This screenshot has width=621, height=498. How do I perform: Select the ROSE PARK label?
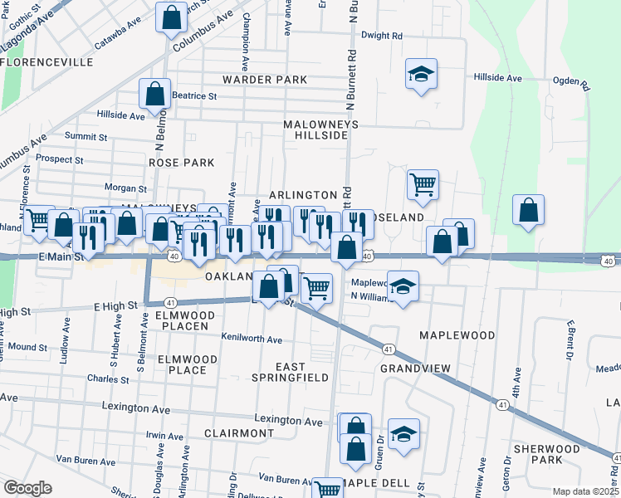click(175, 164)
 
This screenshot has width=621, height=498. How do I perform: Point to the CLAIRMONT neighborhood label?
click(239, 433)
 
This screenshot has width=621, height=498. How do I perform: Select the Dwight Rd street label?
click(382, 36)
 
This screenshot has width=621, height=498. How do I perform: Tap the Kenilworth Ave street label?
click(252, 339)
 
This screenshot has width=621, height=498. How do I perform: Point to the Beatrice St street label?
click(195, 95)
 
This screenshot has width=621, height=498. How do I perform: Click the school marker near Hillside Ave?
click(421, 73)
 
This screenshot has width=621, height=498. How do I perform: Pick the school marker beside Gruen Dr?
click(403, 433)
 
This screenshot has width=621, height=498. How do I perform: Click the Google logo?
click(27, 488)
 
